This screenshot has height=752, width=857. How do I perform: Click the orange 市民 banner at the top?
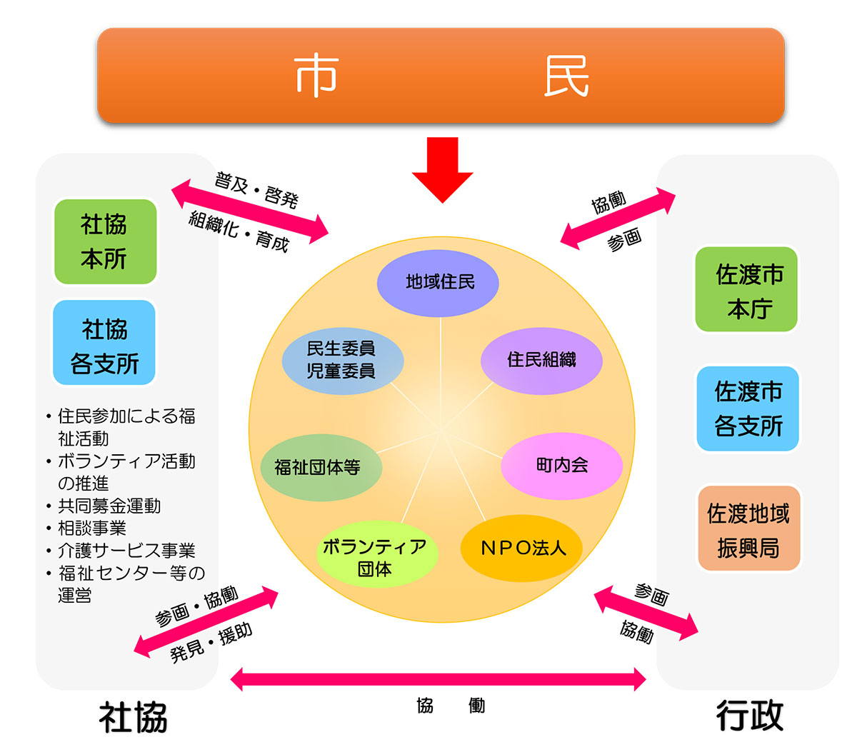point(441,75)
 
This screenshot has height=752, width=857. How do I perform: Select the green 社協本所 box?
point(105,241)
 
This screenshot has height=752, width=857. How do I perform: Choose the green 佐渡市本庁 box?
point(746,290)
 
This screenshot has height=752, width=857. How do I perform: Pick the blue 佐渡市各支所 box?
point(748,408)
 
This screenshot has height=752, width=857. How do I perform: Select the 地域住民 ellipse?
point(438,283)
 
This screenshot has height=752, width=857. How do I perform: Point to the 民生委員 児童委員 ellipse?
point(342,359)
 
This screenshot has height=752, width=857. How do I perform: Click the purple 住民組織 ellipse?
point(541,360)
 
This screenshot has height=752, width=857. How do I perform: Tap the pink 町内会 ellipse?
point(561,466)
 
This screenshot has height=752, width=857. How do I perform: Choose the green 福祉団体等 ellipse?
point(319,468)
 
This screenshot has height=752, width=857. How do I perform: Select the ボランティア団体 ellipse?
point(376,556)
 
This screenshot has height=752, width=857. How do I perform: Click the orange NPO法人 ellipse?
point(522,548)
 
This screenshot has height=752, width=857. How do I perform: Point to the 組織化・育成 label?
point(239,231)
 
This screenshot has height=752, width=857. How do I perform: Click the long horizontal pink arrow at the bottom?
point(438,679)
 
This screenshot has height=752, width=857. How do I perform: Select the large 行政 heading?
point(749,716)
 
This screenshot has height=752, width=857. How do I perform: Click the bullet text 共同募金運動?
point(109,506)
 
